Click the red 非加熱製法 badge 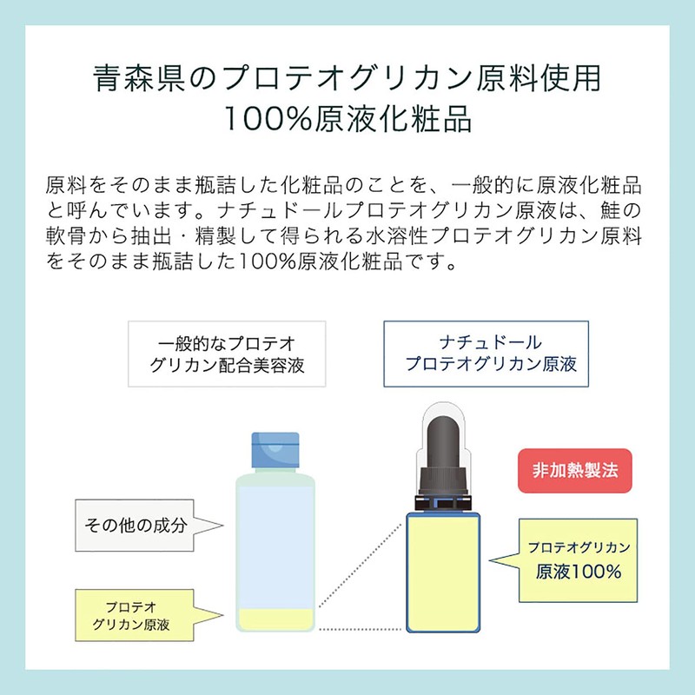click(574, 470)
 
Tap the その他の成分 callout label click(136, 525)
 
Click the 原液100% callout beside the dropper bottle click(578, 560)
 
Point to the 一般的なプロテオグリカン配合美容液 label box click(227, 354)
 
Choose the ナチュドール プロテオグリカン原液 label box click(486, 354)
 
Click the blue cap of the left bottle click(275, 449)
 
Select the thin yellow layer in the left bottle click(275, 619)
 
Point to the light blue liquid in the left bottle click(275, 539)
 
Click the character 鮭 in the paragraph click(622, 211)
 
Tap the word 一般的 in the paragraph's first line click(494, 186)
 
